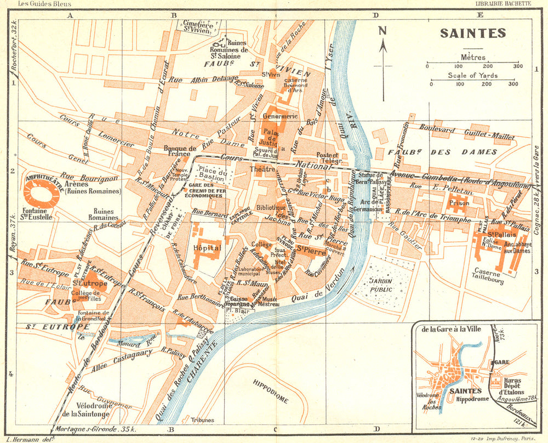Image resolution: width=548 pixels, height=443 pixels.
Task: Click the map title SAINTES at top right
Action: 472,33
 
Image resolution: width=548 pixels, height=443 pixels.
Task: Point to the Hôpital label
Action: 206,248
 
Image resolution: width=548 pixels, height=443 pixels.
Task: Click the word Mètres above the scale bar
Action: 472,56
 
